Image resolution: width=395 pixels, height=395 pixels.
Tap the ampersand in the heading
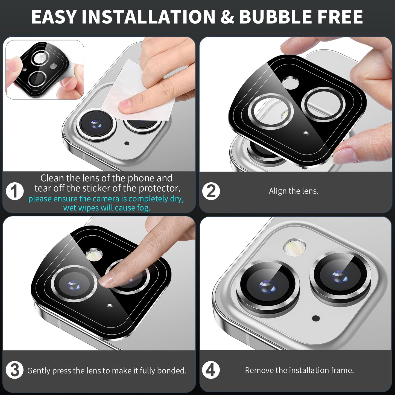tap(227, 17)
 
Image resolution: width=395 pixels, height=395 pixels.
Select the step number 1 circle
tap(15, 191)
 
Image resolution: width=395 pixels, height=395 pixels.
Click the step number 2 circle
tap(211, 191)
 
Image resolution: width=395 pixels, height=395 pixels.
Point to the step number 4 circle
tap(211, 370)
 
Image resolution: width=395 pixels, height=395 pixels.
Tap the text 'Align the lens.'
tap(294, 191)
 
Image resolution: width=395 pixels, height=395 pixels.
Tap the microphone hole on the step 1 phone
tap(127, 143)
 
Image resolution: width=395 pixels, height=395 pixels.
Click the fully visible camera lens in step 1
tap(96, 124)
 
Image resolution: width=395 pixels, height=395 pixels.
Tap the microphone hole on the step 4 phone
tap(316, 318)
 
